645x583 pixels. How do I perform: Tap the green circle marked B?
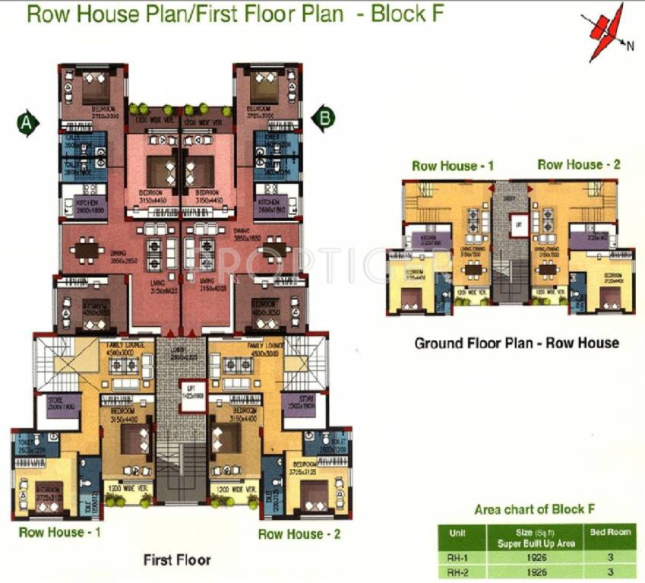point(324,118)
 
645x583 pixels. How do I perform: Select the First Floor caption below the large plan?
point(177,560)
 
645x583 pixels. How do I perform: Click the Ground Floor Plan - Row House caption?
point(516,343)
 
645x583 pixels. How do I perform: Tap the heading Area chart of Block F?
point(530,509)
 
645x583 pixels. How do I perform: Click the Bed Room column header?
point(610,532)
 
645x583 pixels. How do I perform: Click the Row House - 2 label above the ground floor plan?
point(579,165)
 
